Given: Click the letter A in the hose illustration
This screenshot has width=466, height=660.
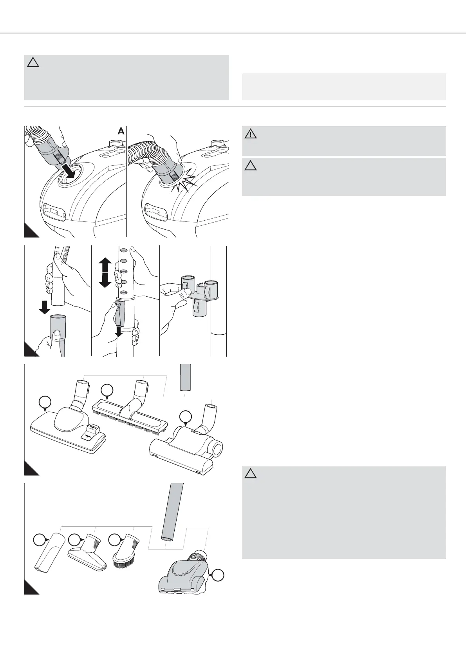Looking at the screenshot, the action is (121, 132).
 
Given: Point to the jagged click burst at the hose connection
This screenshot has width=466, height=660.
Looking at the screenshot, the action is (184, 181).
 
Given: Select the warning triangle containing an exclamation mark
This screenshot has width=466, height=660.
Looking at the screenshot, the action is (251, 134).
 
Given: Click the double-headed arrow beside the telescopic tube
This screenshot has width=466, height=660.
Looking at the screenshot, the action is (105, 273).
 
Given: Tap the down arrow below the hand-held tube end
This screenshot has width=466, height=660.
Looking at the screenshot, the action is (45, 306).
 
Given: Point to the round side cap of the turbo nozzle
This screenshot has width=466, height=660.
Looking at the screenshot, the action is (217, 447).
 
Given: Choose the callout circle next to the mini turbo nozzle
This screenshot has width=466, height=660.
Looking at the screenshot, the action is (219, 575).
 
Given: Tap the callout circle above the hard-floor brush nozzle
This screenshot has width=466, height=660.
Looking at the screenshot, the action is (107, 390).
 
